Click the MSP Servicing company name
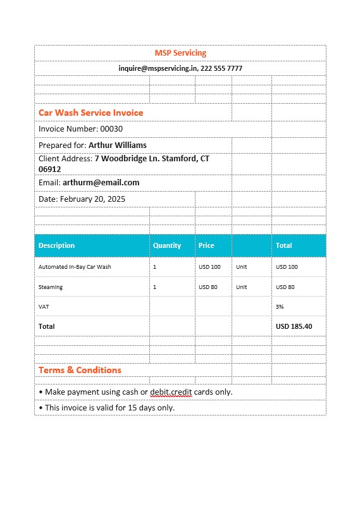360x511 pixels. [x=180, y=53]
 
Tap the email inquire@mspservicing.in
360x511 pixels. [x=158, y=68]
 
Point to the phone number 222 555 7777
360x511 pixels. [x=222, y=68]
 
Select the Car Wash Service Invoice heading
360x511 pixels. [x=91, y=113]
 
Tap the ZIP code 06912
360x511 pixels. [x=50, y=169]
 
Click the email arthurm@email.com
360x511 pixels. [x=101, y=183]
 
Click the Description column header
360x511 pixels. [x=56, y=245]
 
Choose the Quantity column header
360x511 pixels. [x=167, y=245]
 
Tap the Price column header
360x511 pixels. [x=206, y=245]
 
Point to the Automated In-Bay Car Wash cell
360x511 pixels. [x=75, y=267]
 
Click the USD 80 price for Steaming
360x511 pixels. [x=208, y=287]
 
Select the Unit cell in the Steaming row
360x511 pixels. [x=242, y=287]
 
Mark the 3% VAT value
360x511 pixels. [x=280, y=307]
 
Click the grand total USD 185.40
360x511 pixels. [x=294, y=327]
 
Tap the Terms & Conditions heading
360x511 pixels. [x=80, y=370]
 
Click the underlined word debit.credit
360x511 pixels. [x=171, y=392]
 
